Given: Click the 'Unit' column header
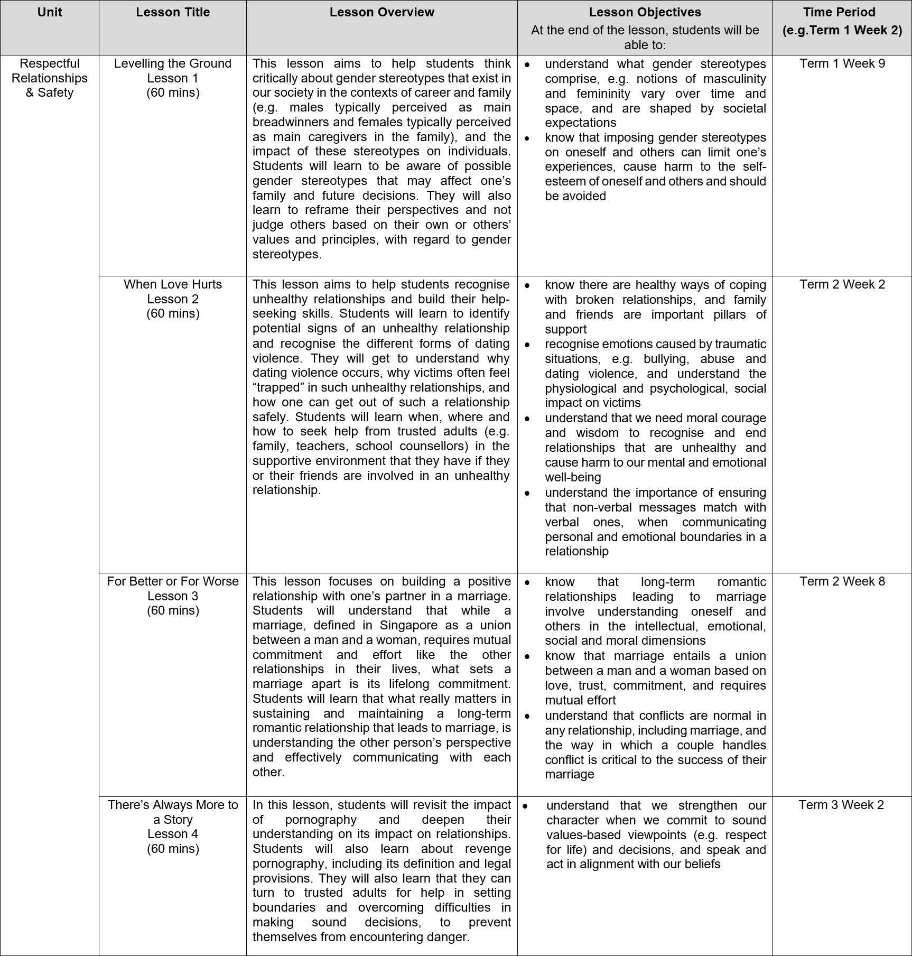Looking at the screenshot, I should [x=50, y=12].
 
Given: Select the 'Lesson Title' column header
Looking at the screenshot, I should [x=173, y=12].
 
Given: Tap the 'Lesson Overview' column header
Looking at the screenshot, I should [x=381, y=12].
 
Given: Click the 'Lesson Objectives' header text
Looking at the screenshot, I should [x=645, y=12].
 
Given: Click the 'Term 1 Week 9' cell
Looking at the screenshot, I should [x=842, y=63].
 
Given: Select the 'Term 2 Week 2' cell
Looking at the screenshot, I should [x=842, y=284].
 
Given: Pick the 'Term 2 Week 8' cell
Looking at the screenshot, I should [x=842, y=581].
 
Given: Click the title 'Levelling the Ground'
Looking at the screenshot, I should [x=173, y=63].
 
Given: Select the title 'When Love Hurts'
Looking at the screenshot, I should [x=173, y=284].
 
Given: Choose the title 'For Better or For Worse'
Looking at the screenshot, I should [x=173, y=581].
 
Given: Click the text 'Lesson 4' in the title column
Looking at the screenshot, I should [x=173, y=834].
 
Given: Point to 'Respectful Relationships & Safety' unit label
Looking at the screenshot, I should [x=50, y=78].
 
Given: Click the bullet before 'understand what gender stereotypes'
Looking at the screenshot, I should [x=527, y=64].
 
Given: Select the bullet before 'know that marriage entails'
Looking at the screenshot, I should [x=527, y=656].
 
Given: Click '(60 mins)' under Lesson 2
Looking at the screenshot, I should [x=173, y=313].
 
